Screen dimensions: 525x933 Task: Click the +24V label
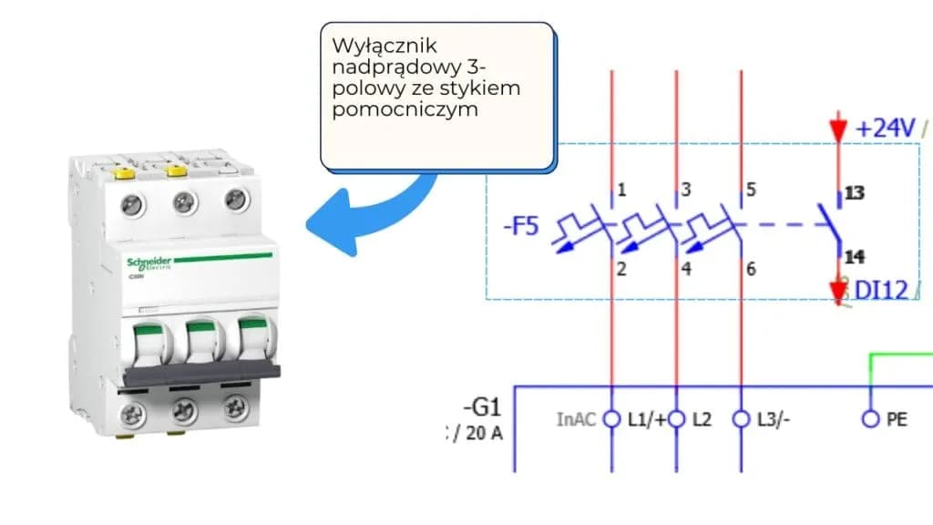tap(885, 129)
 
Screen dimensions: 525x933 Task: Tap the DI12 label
tap(881, 290)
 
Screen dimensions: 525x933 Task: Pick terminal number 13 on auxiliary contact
tap(855, 193)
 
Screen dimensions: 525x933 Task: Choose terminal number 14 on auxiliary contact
tap(855, 256)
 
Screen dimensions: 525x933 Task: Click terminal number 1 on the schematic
tap(621, 190)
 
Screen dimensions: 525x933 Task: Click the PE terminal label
tap(897, 420)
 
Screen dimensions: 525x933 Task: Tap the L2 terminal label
tap(701, 420)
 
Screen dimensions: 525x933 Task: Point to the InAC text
tap(576, 420)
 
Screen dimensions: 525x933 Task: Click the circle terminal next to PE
tap(869, 419)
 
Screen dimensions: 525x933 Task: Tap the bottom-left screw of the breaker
tap(133, 415)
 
